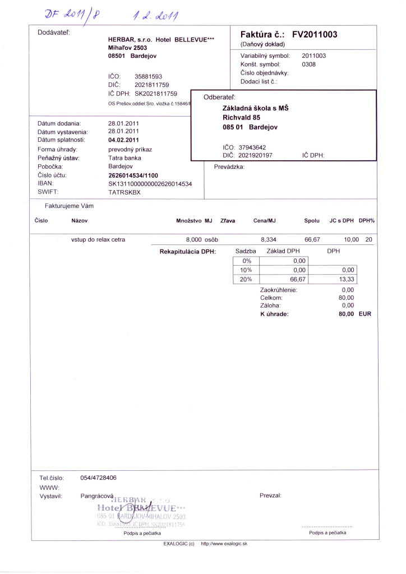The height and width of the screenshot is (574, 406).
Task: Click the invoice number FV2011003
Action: point(315,35)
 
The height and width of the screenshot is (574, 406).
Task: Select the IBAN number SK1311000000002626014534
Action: point(150,184)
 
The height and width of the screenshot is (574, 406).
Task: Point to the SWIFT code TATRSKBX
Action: point(124,192)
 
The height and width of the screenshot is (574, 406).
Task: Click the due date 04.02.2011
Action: point(123,140)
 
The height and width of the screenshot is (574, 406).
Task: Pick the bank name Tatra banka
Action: point(124,158)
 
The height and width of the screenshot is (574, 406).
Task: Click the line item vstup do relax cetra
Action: point(98,239)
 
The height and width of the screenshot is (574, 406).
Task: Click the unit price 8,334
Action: point(268,239)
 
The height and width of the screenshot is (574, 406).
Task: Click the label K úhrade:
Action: point(274,314)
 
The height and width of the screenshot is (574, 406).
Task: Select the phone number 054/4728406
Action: point(99,478)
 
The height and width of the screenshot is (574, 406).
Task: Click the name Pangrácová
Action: point(97,496)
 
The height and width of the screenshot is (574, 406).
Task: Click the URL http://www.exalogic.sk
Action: point(224,544)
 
